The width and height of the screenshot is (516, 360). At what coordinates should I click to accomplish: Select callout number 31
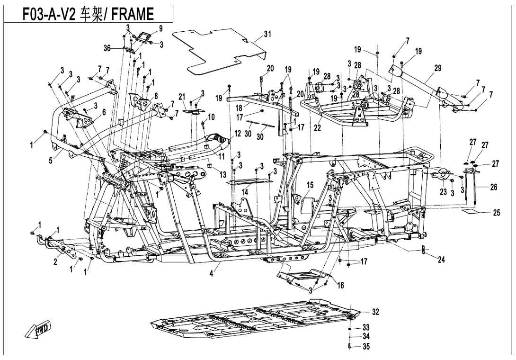pyautogui.click(x=267, y=34)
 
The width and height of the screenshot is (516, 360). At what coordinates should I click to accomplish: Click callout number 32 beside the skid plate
pyautogui.click(x=375, y=312)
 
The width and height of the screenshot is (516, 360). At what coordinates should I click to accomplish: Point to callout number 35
pyautogui.click(x=365, y=347)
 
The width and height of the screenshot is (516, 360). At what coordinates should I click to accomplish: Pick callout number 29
pyautogui.click(x=437, y=68)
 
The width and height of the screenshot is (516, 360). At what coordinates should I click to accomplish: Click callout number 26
pyautogui.click(x=493, y=187)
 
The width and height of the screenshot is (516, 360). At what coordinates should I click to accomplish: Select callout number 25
pyautogui.click(x=496, y=213)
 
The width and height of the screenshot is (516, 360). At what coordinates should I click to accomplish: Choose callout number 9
pyautogui.click(x=160, y=28)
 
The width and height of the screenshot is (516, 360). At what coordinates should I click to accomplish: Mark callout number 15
pyautogui.click(x=310, y=184)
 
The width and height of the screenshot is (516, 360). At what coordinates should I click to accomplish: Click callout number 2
pyautogui.click(x=55, y=262)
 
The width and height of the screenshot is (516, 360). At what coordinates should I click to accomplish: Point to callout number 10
pyautogui.click(x=211, y=117)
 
